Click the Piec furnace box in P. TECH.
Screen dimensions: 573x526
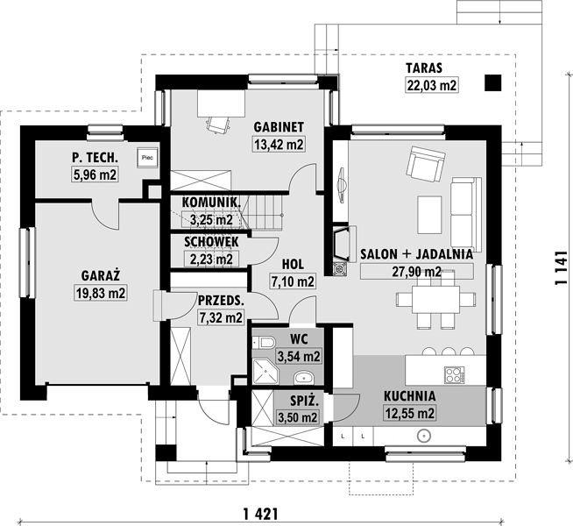148,158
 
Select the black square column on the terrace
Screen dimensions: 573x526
493,83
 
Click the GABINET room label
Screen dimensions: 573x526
279,127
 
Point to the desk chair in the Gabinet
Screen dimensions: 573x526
219,124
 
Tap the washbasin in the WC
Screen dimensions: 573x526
304,378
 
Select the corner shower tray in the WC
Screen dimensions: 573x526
265,371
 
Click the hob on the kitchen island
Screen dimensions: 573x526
455,374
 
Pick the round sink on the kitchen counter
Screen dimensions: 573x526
423,436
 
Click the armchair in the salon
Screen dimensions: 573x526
427,164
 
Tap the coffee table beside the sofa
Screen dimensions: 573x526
429,214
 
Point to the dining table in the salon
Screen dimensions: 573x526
435,300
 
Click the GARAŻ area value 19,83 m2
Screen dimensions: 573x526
101,293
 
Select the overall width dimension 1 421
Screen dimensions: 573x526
260,515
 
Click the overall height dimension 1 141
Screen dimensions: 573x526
561,268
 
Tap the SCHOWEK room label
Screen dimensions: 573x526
211,242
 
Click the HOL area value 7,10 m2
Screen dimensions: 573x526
293,281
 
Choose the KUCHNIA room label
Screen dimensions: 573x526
409,396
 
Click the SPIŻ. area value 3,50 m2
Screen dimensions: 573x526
298,417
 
